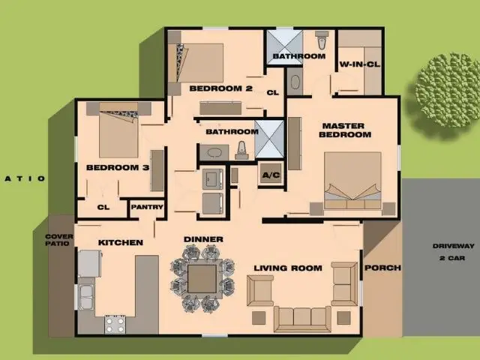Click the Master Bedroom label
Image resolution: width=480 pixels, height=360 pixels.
pos(344,130)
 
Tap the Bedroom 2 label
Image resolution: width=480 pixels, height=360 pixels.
pos(220,88)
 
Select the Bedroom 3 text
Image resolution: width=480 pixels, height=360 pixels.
pos(117,167)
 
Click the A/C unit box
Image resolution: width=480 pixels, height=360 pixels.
pos(271,175)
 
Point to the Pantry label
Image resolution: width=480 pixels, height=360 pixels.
pos(148,207)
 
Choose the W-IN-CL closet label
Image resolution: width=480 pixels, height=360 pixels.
pos(359,64)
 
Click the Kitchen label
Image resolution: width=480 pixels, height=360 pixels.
pos(120,242)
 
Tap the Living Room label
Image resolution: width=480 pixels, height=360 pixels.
pos(287,268)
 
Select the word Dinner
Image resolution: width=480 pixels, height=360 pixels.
pos(203,239)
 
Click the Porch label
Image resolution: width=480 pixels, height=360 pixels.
pos(382,268)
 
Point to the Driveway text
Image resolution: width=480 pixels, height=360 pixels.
pos(453,246)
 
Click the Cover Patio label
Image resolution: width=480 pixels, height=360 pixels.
pos(60,240)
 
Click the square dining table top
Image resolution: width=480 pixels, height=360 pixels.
pos(202,279)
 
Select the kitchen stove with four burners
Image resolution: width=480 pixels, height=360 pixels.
pos(114,324)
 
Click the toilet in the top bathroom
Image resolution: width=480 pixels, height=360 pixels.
pos(322,39)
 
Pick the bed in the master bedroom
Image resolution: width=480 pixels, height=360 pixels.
pos(352,180)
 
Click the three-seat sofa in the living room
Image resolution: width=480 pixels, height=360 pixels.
pos(301,317)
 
